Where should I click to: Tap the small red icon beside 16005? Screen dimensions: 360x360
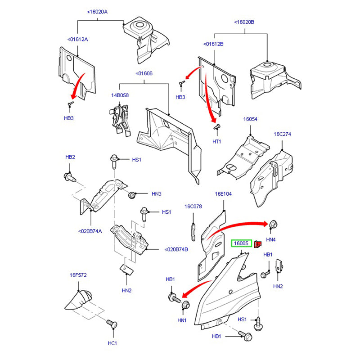click(258, 244)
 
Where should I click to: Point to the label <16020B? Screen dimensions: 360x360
click(244, 22)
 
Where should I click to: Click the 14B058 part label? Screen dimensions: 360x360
click(120, 95)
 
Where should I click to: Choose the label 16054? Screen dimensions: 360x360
click(250, 119)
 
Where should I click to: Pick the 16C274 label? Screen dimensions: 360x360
click(282, 134)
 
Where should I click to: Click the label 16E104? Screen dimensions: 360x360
click(223, 194)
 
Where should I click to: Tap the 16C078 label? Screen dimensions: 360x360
click(193, 207)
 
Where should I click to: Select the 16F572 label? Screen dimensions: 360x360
click(78, 274)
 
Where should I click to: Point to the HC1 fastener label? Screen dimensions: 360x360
click(112, 343)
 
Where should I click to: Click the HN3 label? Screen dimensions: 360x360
click(156, 194)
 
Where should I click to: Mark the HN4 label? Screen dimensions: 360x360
click(271, 239)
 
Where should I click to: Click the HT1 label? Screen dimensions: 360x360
click(217, 142)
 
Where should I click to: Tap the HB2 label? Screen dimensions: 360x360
click(70, 157)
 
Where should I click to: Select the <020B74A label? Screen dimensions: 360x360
click(91, 231)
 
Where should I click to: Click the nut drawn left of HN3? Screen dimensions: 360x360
click(133, 195)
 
